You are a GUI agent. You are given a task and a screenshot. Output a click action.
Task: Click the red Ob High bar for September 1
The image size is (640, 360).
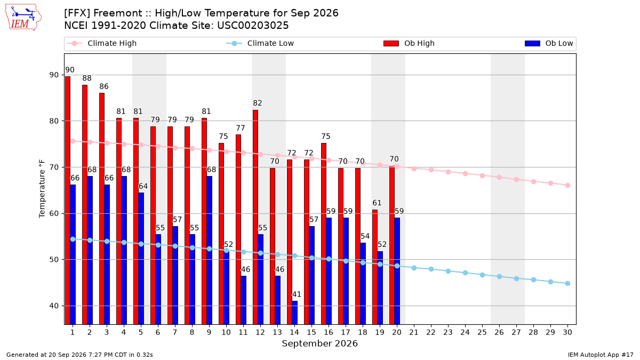pyautogui.click(x=68, y=201)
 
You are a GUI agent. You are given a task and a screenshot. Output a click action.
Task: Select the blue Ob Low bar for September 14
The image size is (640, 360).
pyautogui.click(x=294, y=313)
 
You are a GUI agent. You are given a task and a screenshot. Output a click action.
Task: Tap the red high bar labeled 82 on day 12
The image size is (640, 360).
pyautogui.click(x=255, y=217)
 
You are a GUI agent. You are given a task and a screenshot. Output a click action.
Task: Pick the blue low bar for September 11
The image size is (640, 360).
pyautogui.click(x=243, y=300)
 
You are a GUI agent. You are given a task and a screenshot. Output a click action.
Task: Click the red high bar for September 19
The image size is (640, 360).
pyautogui.click(x=375, y=267)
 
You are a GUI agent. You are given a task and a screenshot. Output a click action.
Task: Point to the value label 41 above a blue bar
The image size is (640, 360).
pyautogui.click(x=297, y=294)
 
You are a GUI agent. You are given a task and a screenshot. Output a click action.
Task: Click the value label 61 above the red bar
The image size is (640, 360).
pyautogui.click(x=377, y=203)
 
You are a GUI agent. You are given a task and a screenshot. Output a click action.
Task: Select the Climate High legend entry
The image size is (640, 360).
pyautogui.click(x=101, y=43)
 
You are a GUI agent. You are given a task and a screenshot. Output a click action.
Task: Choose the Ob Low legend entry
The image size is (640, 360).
pyautogui.click(x=549, y=43)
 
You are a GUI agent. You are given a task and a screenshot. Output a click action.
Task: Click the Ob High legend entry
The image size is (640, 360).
pyautogui.click(x=409, y=43)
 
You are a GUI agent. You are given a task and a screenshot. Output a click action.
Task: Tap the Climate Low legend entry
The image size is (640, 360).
pyautogui.click(x=260, y=43)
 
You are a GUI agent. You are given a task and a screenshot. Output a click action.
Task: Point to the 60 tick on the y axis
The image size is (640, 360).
pyautogui.click(x=54, y=213)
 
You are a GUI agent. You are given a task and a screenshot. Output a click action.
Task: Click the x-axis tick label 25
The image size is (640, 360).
pyautogui.click(x=482, y=332)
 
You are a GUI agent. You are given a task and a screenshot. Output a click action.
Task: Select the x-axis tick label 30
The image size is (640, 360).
pyautogui.click(x=567, y=332)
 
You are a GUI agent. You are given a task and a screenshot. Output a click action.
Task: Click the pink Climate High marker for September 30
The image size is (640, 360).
pyautogui.click(x=567, y=186)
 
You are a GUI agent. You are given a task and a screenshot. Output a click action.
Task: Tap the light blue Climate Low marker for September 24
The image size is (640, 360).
pyautogui.click(x=465, y=273)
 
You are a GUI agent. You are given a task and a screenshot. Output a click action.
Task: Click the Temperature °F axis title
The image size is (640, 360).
pyautogui.click(x=42, y=189)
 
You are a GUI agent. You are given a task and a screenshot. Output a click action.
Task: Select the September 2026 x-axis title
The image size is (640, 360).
pyautogui.click(x=319, y=343)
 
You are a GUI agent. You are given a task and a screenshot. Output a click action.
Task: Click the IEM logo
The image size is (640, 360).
pyautogui.click(x=23, y=18)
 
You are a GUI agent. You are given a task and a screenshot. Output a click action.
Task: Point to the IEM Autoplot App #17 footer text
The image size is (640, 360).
pyautogui.click(x=601, y=355)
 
